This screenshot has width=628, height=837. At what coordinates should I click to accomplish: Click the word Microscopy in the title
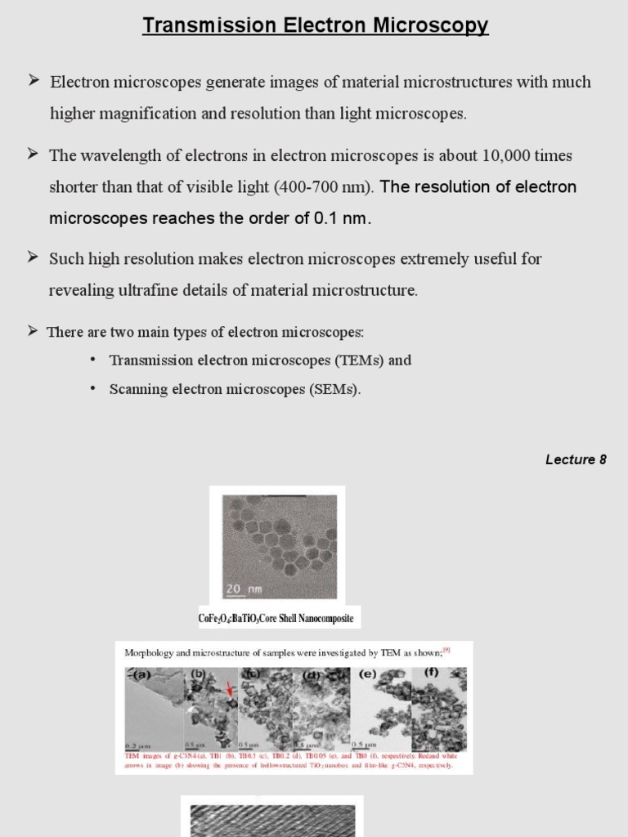[x=431, y=25]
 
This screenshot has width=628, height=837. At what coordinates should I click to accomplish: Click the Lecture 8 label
[x=576, y=459]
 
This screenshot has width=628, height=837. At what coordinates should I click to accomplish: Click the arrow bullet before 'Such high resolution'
[x=34, y=257]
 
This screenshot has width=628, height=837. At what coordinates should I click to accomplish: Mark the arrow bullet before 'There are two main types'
[x=33, y=330]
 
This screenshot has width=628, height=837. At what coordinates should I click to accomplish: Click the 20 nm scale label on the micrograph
[x=242, y=588]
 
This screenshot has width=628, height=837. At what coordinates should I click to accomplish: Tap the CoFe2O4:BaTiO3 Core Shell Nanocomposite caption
[x=276, y=618]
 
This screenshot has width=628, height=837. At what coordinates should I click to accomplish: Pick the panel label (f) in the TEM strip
[x=431, y=674]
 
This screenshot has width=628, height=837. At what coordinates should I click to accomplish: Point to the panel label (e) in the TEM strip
[x=368, y=675]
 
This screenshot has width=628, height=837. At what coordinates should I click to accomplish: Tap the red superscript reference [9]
[x=446, y=651]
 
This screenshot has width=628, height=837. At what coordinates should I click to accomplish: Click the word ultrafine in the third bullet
[x=141, y=290]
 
